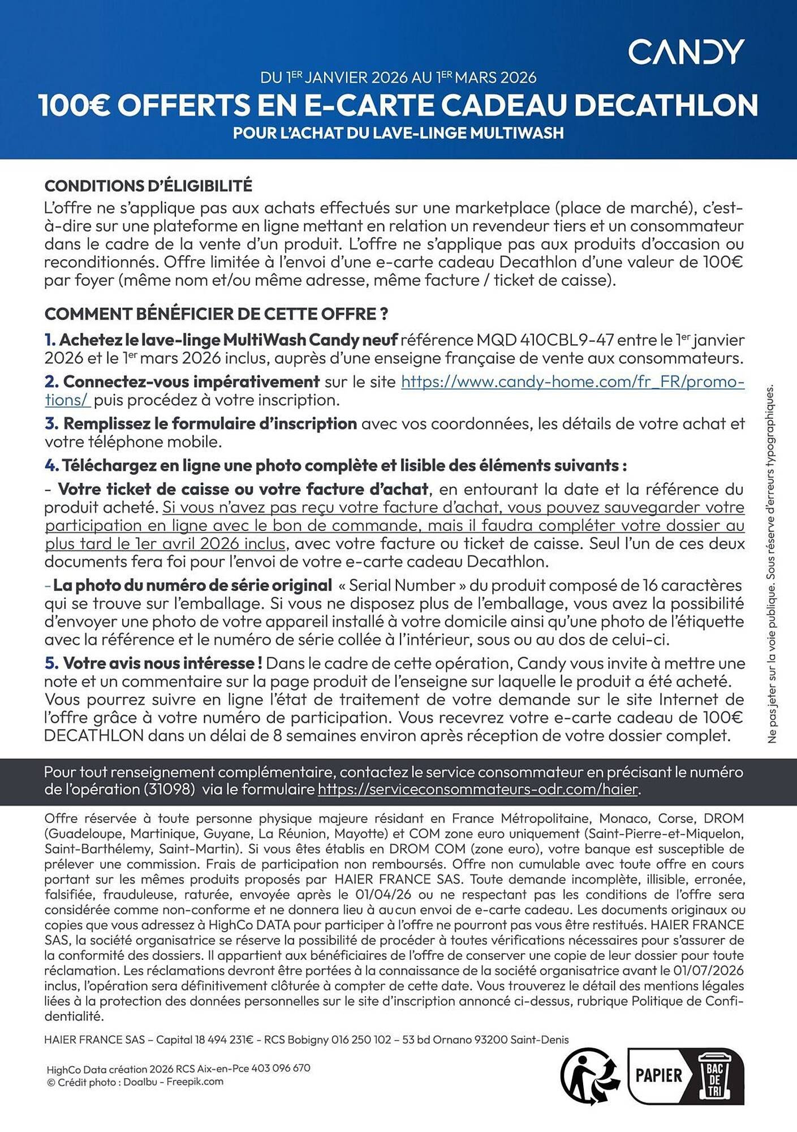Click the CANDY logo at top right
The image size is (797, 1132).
pyautogui.click(x=686, y=52)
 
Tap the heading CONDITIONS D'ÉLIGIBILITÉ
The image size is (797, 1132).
pyautogui.click(x=148, y=186)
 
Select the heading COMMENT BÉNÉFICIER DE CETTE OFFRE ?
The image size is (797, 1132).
pyautogui.click(x=216, y=314)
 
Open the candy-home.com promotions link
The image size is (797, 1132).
pyautogui.click(x=572, y=382)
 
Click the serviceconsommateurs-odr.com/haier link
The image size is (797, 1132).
pyautogui.click(x=478, y=789)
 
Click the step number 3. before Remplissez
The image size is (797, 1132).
pyautogui.click(x=51, y=423)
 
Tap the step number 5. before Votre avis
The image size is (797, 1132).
pyautogui.click(x=51, y=663)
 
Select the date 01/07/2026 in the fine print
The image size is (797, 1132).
pyautogui.click(x=708, y=970)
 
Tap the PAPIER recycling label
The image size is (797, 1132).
pyautogui.click(x=659, y=1075)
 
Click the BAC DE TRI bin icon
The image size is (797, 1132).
pyautogui.click(x=714, y=1075)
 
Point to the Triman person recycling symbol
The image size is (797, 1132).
pyautogui.click(x=589, y=1075)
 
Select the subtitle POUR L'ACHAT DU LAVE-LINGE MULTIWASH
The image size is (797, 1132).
pyautogui.click(x=398, y=133)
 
